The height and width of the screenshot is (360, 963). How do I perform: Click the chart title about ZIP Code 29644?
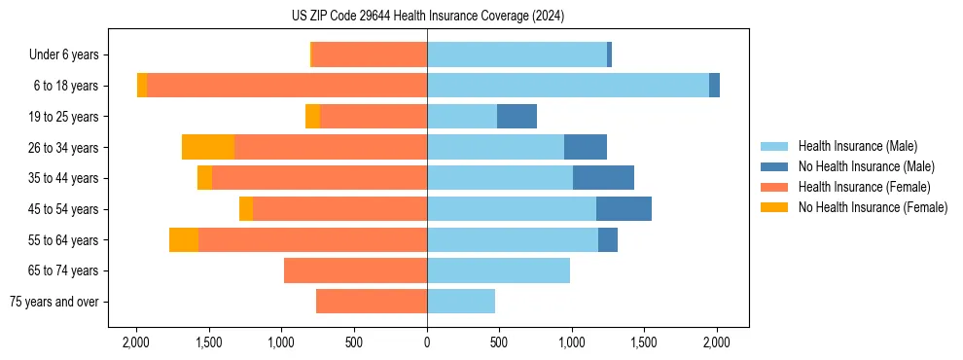pyautogui.click(x=427, y=17)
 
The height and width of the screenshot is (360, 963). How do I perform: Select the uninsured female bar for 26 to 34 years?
pyautogui.click(x=208, y=147)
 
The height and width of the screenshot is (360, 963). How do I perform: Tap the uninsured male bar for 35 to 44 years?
pyautogui.click(x=603, y=178)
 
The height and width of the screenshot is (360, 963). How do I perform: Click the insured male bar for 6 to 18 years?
pyautogui.click(x=568, y=86)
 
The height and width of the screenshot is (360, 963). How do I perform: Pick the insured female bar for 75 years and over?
pyautogui.click(x=372, y=302)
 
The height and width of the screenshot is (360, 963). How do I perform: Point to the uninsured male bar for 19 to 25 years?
pyautogui.click(x=517, y=117)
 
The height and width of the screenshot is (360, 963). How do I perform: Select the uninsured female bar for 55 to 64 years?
pyautogui.click(x=184, y=239)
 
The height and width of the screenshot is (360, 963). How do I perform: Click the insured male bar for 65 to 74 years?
pyautogui.click(x=498, y=270)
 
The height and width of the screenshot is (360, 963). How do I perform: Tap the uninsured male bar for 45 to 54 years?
pyautogui.click(x=624, y=208)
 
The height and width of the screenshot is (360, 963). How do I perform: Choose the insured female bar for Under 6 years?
pyautogui.click(x=371, y=55)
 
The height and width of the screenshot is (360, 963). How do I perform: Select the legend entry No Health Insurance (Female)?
pyautogui.click(x=873, y=207)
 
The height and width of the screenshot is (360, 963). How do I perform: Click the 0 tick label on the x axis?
pyautogui.click(x=427, y=342)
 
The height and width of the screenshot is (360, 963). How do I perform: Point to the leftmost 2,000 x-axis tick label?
pyautogui.click(x=136, y=342)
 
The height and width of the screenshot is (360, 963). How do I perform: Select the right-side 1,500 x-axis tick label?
pyautogui.click(x=644, y=342)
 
